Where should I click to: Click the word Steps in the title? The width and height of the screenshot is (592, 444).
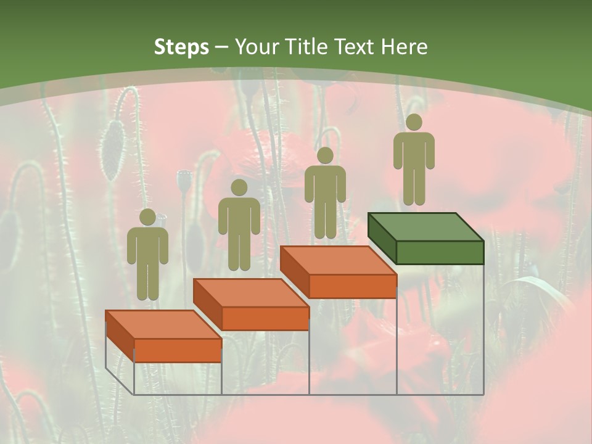click(x=181, y=47)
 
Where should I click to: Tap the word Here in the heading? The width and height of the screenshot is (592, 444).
click(x=404, y=47)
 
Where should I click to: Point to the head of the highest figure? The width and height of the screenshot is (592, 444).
click(x=414, y=122)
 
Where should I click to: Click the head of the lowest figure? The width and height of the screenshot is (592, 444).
click(x=147, y=217)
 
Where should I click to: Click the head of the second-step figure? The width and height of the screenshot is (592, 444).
click(x=239, y=187)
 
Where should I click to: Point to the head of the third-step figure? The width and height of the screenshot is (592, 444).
click(x=325, y=155)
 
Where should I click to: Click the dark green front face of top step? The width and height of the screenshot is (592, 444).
click(x=440, y=252)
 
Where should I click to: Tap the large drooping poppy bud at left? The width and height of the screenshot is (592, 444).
click(x=113, y=150)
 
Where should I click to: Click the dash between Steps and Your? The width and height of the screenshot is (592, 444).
click(x=221, y=47)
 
